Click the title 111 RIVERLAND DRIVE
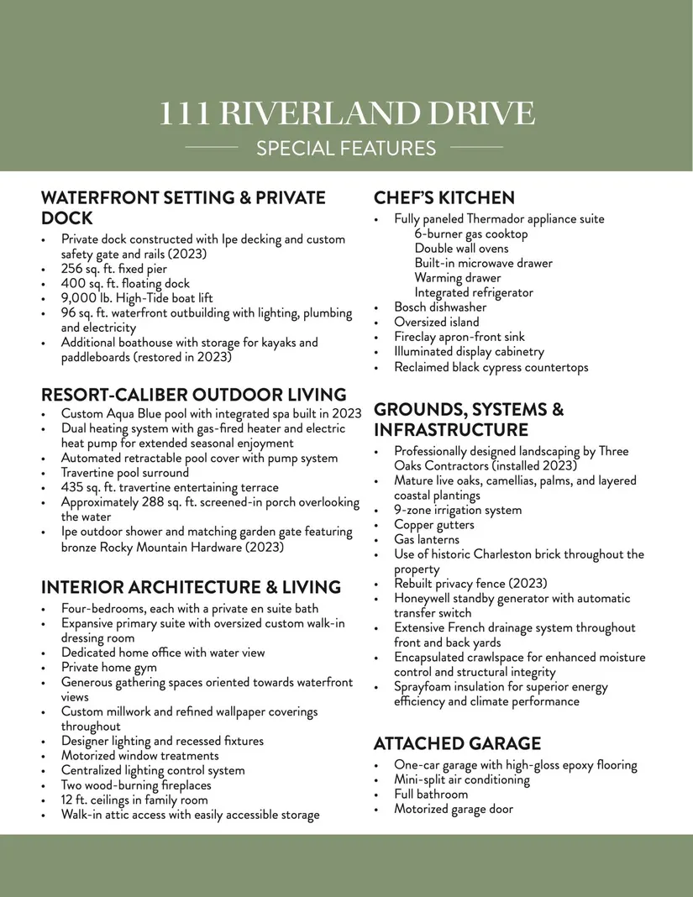346,113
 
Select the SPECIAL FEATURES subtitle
346,149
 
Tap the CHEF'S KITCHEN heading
444,198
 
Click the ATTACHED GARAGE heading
457,743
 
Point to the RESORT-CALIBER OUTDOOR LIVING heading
193,395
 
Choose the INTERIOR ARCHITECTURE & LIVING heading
191,587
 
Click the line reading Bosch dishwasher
440,307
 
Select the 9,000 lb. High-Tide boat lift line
137,298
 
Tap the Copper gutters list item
433,525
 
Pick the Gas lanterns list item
427,539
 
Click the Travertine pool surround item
125,473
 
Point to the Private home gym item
108,668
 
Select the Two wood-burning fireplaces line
136,785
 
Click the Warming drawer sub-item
457,278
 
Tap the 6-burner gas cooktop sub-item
471,234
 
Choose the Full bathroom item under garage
431,795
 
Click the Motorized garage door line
454,809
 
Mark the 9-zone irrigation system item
458,510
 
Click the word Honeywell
426,599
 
